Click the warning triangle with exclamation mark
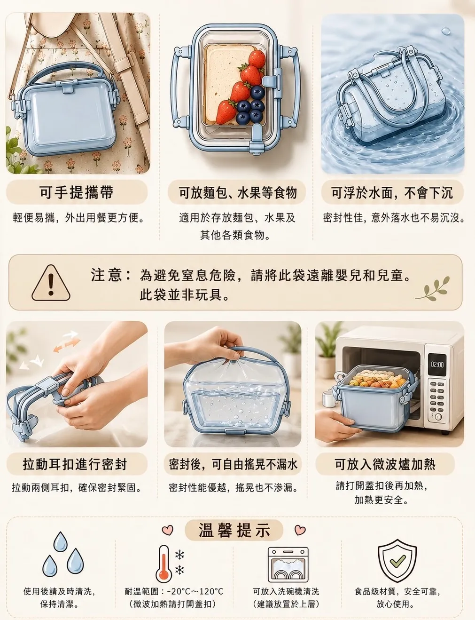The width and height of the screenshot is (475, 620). (51, 283)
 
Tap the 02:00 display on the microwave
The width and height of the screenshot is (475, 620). (437, 365)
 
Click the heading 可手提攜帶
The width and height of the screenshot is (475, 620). (77, 192)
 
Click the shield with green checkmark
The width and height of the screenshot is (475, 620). (397, 561)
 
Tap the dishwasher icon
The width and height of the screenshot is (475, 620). (288, 564)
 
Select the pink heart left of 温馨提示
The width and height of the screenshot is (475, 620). (167, 530)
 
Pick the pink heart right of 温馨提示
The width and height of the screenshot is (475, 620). (300, 530)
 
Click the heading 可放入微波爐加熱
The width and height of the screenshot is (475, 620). (385, 464)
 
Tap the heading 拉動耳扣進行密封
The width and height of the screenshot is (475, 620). (75, 464)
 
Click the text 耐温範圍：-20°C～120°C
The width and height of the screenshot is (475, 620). (174, 591)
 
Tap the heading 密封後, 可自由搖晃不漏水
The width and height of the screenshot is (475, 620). (233, 464)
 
